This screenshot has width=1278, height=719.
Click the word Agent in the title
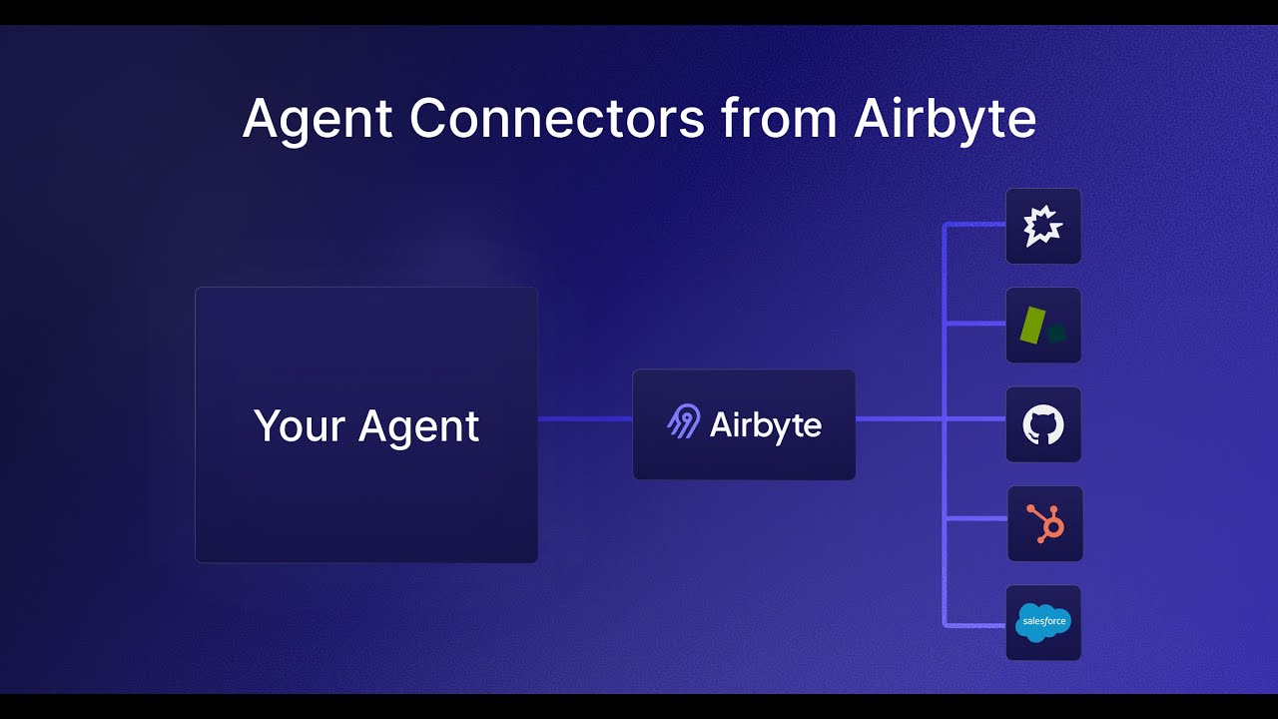click(318, 119)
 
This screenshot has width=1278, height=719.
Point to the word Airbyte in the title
click(945, 119)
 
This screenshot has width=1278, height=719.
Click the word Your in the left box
click(298, 426)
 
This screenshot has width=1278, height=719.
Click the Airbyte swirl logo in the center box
click(684, 422)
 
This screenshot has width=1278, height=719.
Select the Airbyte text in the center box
click(766, 425)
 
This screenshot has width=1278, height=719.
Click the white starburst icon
click(1042, 227)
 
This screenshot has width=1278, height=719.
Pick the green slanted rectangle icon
click(1031, 326)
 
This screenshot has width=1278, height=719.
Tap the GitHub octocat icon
click(1043, 425)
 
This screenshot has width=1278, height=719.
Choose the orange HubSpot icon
click(1045, 523)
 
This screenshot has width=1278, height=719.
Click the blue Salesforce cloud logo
click(1043, 622)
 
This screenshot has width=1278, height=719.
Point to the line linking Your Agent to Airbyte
click(585, 419)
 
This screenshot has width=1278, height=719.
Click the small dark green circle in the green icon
click(1056, 333)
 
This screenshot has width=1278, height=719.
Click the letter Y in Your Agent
click(265, 425)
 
